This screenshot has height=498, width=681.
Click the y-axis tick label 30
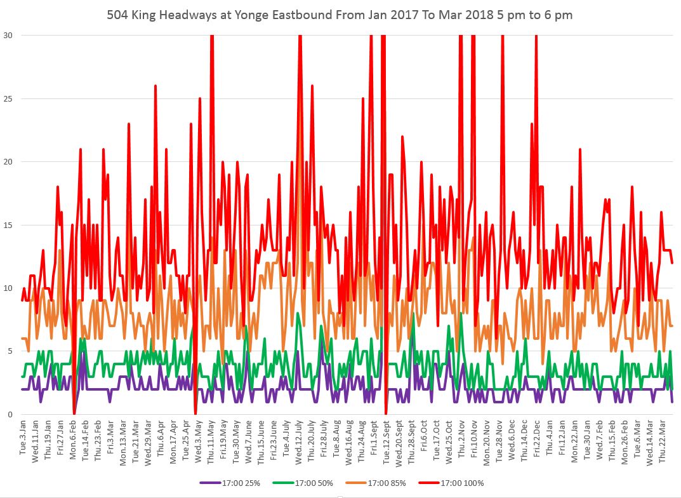pos(10,36)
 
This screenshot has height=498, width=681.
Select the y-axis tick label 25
pos(10,98)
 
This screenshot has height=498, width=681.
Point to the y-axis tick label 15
pos(10,225)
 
